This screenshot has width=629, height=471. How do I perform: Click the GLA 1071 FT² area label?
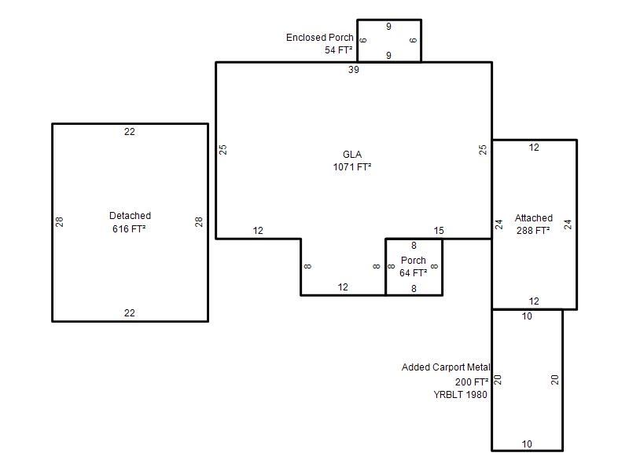click(x=351, y=161)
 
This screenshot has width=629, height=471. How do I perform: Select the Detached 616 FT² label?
click(x=130, y=222)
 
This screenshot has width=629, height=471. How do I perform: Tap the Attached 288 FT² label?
click(x=534, y=225)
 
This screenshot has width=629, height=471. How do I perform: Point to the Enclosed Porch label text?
click(x=320, y=37)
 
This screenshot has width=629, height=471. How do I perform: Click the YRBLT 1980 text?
click(x=460, y=395)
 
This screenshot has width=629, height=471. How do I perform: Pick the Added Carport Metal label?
click(x=446, y=367)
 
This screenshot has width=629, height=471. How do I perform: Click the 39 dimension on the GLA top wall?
click(x=353, y=70)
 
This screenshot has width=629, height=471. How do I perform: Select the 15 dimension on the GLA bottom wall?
click(x=439, y=231)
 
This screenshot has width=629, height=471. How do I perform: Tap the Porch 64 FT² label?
click(x=414, y=267)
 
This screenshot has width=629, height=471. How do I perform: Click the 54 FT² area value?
click(x=339, y=50)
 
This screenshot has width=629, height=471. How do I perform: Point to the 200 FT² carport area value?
click(x=472, y=382)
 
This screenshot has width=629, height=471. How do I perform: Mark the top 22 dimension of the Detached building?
click(x=130, y=132)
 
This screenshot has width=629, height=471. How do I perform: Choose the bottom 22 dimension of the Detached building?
click(x=130, y=312)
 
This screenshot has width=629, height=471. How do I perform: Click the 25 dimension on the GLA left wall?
click(x=223, y=150)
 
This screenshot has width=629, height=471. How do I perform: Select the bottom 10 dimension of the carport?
click(x=527, y=444)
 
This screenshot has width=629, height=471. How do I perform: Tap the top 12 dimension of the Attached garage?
click(x=534, y=148)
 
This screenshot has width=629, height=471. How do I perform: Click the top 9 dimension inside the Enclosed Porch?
click(x=388, y=27)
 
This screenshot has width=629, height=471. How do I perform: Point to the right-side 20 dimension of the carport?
click(x=555, y=380)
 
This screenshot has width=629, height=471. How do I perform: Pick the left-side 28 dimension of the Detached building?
click(x=60, y=222)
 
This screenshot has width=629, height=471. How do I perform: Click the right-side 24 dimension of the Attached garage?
click(x=568, y=225)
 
